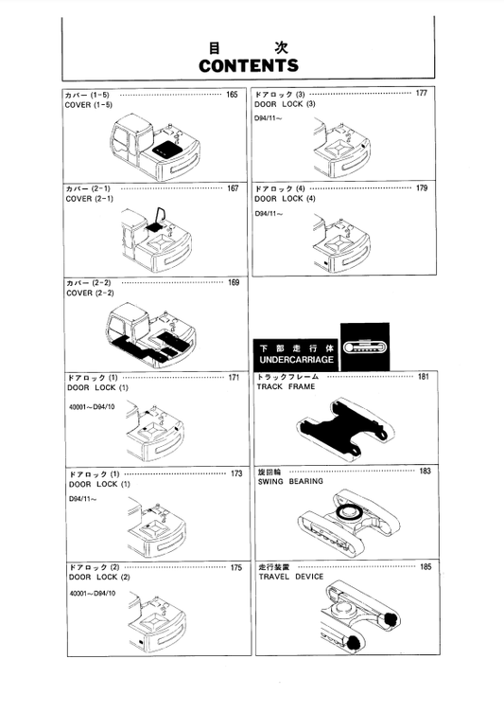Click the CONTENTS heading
pyautogui.click(x=249, y=65)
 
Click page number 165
pyautogui.click(x=232, y=95)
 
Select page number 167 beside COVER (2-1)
pyautogui.click(x=232, y=188)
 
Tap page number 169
pyautogui.click(x=233, y=283)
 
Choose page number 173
pyautogui.click(x=235, y=472)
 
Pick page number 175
pyautogui.click(x=235, y=567)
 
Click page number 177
pyautogui.click(x=421, y=94)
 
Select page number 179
pyautogui.click(x=421, y=188)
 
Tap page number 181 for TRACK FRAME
pyautogui.click(x=424, y=377)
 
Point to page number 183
pyautogui.click(x=425, y=471)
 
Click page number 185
pyautogui.click(x=426, y=566)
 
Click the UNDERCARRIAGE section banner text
pyautogui.click(x=291, y=361)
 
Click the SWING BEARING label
pyautogui.click(x=290, y=481)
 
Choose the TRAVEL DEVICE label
pyautogui.click(x=290, y=577)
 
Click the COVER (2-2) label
pyautogui.click(x=89, y=294)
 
